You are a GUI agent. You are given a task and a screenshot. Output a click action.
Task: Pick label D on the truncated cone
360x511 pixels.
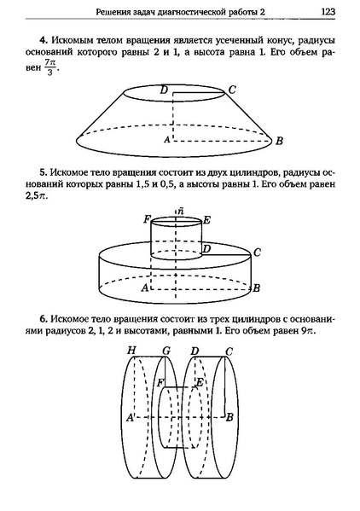coord(163,89)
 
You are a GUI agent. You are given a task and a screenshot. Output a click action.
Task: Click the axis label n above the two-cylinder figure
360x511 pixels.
coord(177,210)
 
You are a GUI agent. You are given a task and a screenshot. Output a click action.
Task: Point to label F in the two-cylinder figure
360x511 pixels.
coord(148,219)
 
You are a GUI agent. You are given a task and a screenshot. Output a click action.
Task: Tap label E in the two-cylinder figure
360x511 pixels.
coord(206,219)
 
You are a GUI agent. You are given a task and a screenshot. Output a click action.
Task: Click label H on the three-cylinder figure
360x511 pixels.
coord(131,351)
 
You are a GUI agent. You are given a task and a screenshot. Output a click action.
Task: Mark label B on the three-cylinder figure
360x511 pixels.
coord(229,416)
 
